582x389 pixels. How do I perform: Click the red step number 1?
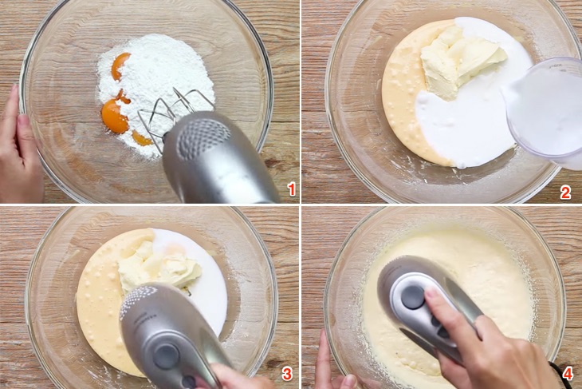(292, 189)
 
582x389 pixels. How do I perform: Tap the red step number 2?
(565, 192)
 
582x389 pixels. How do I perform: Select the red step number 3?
(287, 375)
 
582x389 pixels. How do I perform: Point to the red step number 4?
(567, 374)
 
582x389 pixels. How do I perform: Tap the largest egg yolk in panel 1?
(114, 117)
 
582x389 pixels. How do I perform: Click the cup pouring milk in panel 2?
(546, 108)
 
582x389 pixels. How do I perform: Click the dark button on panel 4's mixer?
(412, 297)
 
